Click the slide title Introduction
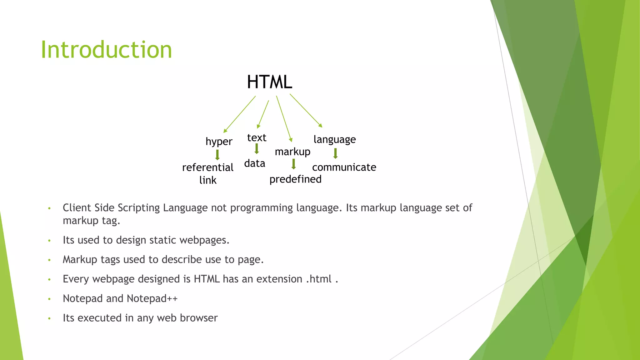coord(106,50)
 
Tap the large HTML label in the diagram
coord(269,82)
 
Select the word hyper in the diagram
coord(219,142)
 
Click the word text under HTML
coord(257,138)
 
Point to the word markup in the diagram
coord(292,152)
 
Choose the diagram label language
coord(334,139)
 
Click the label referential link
coord(208,173)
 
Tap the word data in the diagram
coord(255,163)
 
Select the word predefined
coord(295,179)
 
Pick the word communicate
coord(344,167)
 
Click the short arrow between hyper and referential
coord(217,155)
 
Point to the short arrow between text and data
coord(257,149)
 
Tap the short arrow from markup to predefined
coord(293,164)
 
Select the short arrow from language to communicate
coord(335,153)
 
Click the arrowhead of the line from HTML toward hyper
coord(225,131)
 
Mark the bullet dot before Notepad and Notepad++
coord(49,299)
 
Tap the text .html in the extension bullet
coord(318,279)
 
